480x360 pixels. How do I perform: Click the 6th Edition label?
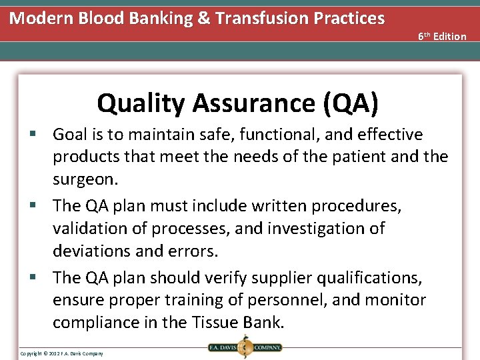click(442, 36)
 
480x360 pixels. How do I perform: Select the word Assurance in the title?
click(253, 103)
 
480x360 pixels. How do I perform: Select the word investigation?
click(318, 229)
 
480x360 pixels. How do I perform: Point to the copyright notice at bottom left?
click(61, 353)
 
